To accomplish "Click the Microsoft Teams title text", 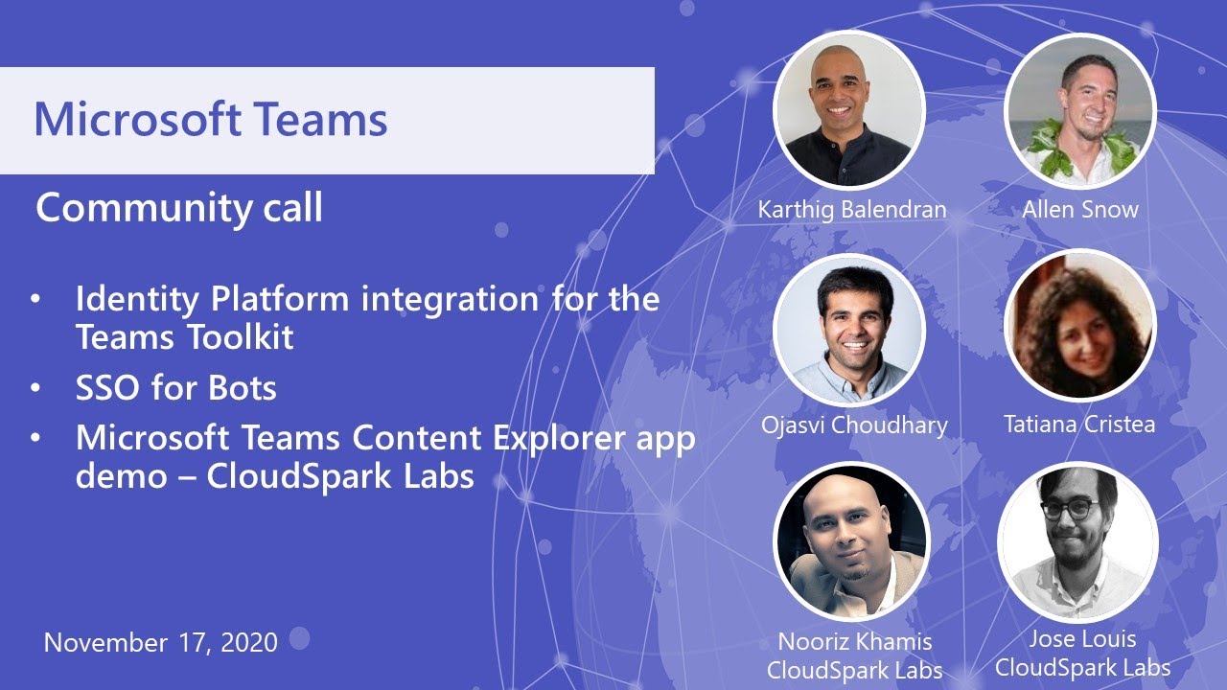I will [211, 120].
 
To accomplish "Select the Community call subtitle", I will [179, 208].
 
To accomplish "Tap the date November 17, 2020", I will [161, 642].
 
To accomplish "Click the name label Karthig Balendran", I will [852, 209].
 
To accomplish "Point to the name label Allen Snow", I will [1080, 209].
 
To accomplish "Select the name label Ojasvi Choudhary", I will [855, 424].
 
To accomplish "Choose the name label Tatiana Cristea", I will [1079, 424].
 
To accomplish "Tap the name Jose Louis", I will [1082, 638].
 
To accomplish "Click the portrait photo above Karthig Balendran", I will [849, 108].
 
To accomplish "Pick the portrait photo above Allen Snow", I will [1080, 108].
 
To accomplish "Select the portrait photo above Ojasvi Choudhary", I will [849, 329].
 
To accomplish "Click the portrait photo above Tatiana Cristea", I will [1080, 327].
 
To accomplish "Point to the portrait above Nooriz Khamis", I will [851, 543].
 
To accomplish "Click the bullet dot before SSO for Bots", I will [35, 389].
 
